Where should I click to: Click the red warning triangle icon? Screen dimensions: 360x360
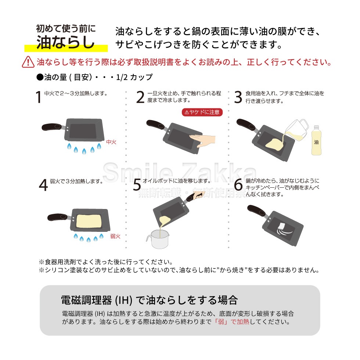coord(28,62)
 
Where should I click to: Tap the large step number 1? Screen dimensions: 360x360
coord(39,97)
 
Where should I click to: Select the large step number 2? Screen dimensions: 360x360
coord(140,97)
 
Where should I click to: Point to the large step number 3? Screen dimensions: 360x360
coord(238,97)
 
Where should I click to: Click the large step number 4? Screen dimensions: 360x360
coord(43,185)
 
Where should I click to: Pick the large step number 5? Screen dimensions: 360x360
coord(137,185)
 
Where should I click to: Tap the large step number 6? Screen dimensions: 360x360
coord(238,184)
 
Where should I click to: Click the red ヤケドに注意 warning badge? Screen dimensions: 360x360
coord(202,112)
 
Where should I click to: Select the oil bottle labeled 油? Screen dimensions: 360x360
coord(316,140)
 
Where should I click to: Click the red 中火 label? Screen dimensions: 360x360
coord(111,142)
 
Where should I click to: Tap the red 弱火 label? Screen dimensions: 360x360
coord(115,236)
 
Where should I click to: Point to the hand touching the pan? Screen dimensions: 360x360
coord(202,140)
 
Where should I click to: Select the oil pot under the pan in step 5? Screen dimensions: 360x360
coord(158,239)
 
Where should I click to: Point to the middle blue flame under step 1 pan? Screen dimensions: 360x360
coord(84,151)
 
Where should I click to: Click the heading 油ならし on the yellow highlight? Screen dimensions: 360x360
coord(66,42)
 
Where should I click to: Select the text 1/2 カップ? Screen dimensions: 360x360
coord(134,77)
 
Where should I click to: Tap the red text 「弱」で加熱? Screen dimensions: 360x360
coord(231,322)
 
